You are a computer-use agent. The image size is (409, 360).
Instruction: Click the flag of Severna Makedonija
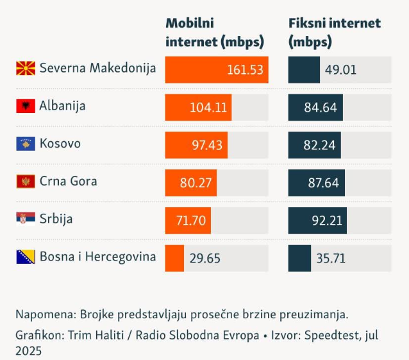point(26,68)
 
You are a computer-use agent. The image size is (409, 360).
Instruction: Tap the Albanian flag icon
point(26,106)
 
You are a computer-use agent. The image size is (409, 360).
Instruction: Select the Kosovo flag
point(26,144)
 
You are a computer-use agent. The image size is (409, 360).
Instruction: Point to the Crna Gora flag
point(26,182)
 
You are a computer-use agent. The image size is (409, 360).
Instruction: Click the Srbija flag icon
point(26,219)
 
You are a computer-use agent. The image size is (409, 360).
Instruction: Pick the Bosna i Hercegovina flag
point(26,257)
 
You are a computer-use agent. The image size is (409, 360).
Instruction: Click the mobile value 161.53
point(245,70)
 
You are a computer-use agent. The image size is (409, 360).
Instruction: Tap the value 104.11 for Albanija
point(208,108)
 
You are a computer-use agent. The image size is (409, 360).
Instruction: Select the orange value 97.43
point(206,146)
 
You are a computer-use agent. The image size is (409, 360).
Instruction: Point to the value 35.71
point(331,259)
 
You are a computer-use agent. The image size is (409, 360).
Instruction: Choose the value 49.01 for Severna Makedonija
point(340,70)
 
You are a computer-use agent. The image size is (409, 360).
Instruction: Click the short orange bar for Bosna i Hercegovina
point(174,258)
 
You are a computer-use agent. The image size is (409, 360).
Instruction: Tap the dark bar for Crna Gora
point(317,182)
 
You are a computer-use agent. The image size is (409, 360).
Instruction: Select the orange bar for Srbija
point(188,220)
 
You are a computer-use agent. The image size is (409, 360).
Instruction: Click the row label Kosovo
point(60,143)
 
